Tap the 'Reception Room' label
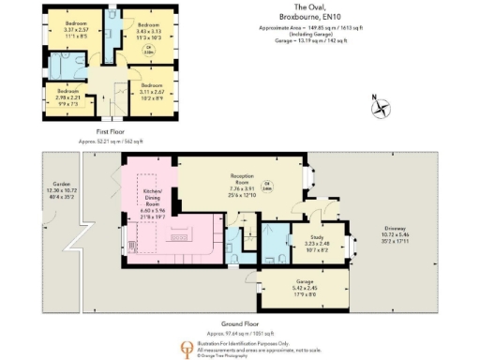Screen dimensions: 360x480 (x=244, y=178)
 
